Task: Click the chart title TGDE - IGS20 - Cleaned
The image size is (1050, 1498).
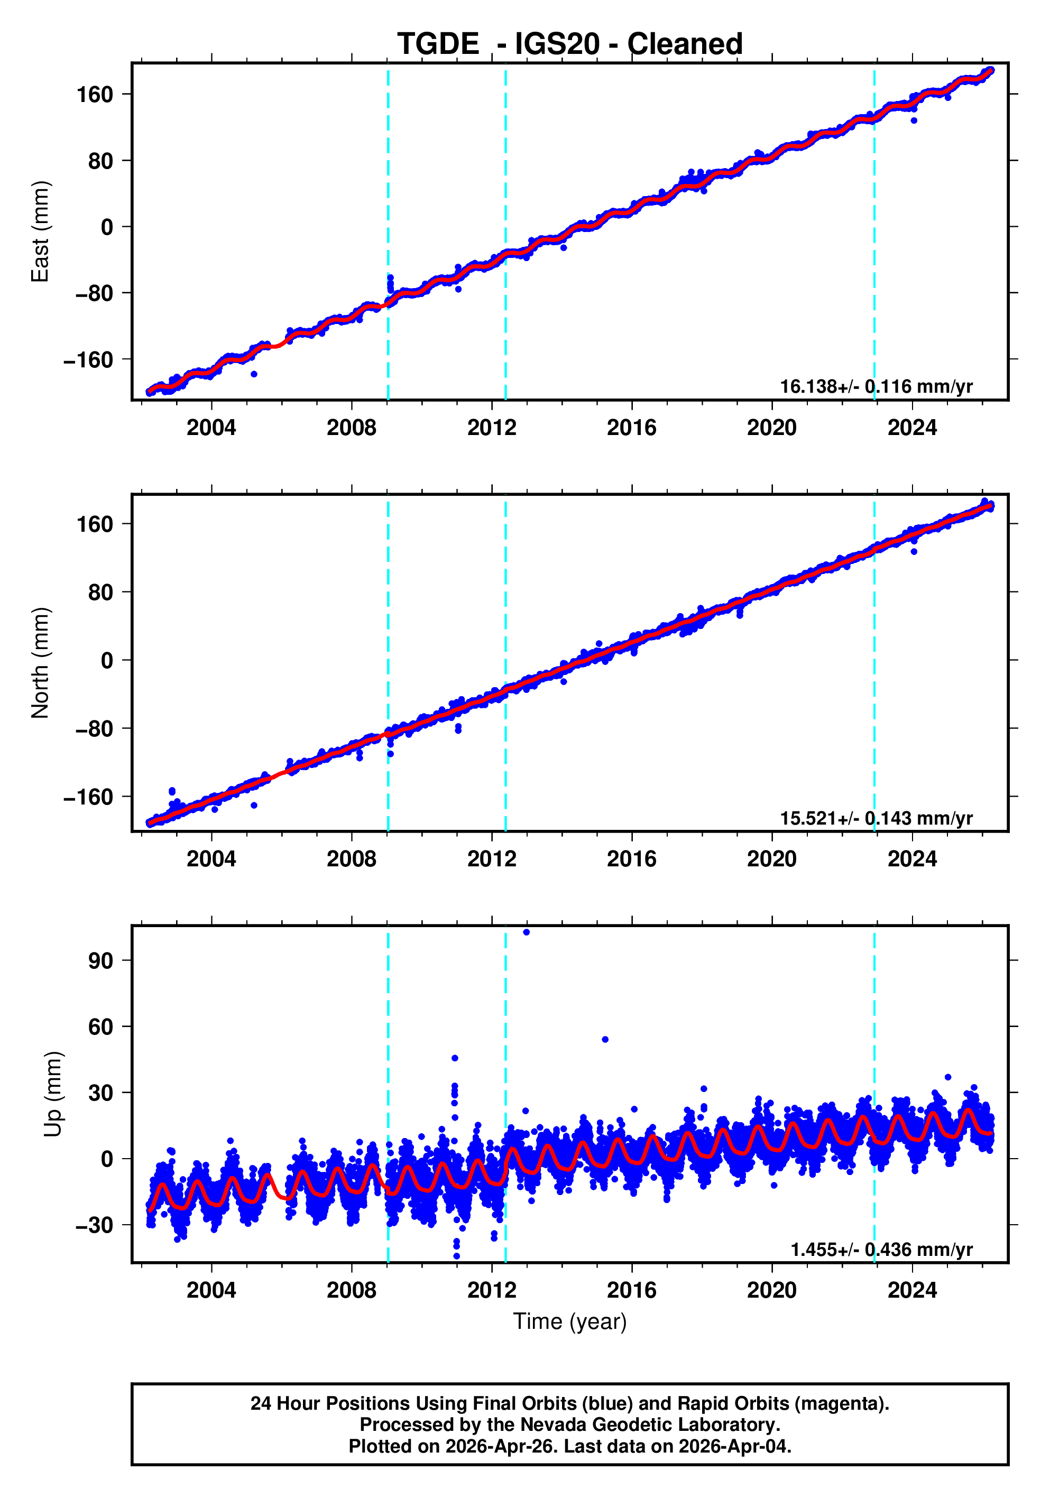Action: [x=570, y=44]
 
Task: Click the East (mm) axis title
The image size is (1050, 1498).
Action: [x=41, y=232]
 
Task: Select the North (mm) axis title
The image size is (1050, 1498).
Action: [x=41, y=663]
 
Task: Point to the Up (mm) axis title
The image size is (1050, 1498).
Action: [x=53, y=1094]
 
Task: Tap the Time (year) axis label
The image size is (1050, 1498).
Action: [x=570, y=1321]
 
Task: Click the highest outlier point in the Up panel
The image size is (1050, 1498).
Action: [x=527, y=932]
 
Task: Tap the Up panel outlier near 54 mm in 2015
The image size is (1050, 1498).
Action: [x=605, y=1039]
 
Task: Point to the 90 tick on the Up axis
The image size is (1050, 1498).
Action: [x=100, y=960]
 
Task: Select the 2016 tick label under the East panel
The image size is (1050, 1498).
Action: [x=631, y=428]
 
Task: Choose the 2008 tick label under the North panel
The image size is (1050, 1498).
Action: [x=351, y=859]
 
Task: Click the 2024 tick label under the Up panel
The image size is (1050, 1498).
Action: [x=911, y=1290]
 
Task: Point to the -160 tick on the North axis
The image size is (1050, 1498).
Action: [x=88, y=797]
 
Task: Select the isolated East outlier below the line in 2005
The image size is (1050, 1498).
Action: [x=254, y=374]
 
